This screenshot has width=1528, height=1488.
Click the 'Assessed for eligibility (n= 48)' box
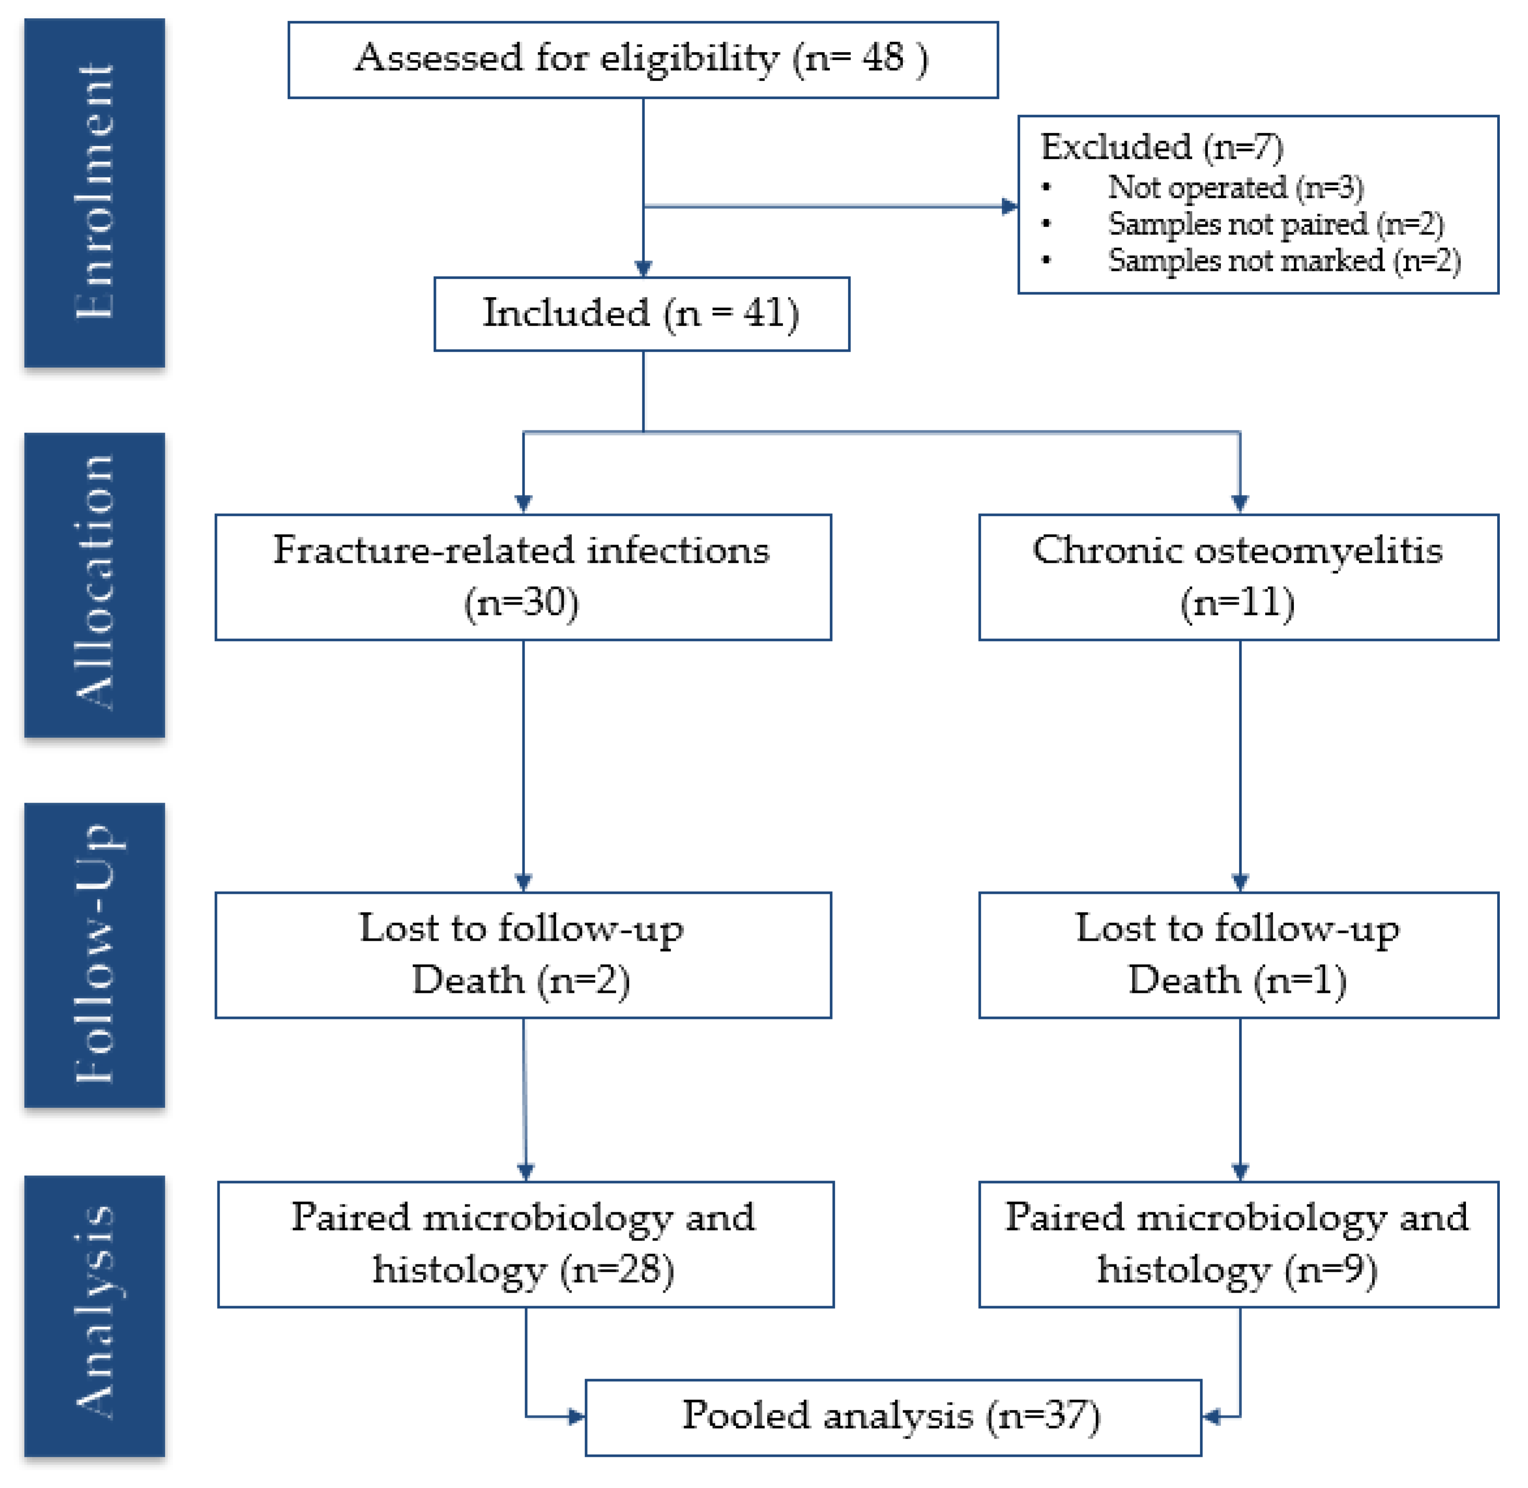coord(642,59)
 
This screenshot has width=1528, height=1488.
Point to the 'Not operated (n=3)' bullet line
coord(1235,188)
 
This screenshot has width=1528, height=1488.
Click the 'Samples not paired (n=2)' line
coord(1276,224)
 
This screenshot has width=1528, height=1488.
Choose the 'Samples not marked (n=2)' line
coord(1284,260)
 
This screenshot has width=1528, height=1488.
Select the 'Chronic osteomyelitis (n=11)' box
coord(1238,577)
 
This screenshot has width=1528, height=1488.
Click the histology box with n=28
coord(525,1244)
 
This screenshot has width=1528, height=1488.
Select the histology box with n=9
coord(1238,1244)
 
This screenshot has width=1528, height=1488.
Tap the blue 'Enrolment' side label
coord(94,192)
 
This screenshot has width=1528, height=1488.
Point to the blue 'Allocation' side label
coord(94,585)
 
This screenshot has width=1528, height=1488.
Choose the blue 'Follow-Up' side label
coord(94,954)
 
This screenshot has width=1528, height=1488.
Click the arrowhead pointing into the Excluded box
coord(1010,206)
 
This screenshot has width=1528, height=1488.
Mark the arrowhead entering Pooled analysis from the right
coord(1211,1416)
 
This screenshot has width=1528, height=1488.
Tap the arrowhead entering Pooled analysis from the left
coord(577,1416)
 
